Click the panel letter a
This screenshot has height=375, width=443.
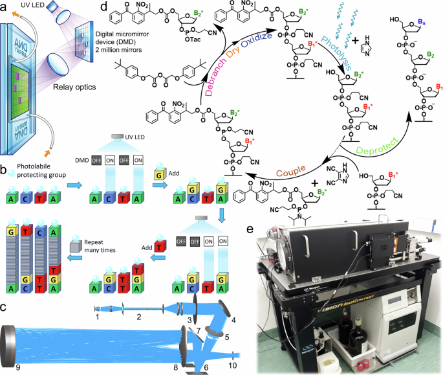tap(6, 8)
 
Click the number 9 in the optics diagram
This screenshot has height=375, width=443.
tap(8, 367)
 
